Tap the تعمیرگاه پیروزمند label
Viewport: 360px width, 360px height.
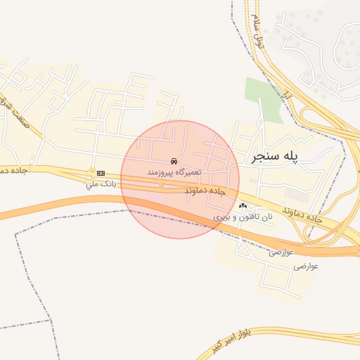[174, 172]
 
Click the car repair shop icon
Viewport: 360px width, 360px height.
[174, 160]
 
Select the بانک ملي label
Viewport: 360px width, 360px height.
[99, 184]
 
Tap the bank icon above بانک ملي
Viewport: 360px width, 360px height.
[101, 172]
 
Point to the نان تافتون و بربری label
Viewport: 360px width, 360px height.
[243, 219]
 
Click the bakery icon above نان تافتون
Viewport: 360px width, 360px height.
[243, 207]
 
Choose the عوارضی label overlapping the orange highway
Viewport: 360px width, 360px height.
[281, 251]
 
